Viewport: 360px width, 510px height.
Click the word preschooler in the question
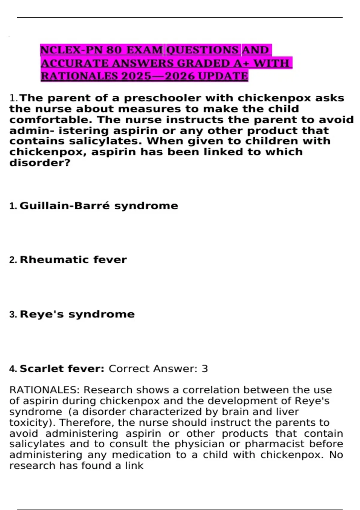[162, 98]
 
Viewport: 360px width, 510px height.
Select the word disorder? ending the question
[40, 163]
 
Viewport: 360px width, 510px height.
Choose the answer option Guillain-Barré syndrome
[99, 206]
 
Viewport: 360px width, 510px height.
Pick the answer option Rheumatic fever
[73, 260]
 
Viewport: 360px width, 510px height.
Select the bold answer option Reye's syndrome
[77, 314]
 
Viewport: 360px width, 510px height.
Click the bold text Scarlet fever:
[62, 369]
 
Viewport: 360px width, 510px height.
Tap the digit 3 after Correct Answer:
[205, 369]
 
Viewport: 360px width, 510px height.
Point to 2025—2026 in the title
[158, 76]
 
